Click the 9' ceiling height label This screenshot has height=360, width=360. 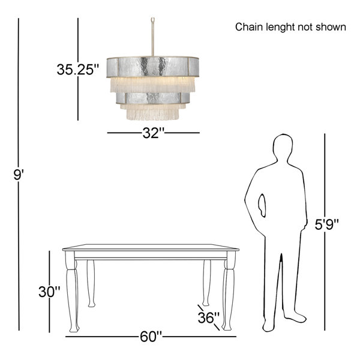click(x=19, y=175)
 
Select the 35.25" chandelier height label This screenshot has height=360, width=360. click(x=78, y=70)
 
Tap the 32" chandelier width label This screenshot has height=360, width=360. click(x=153, y=133)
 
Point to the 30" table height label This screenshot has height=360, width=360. click(x=49, y=292)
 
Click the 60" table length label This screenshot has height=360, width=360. click(x=151, y=337)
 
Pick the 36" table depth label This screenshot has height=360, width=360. click(x=208, y=318)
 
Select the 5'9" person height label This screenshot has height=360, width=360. click(x=326, y=224)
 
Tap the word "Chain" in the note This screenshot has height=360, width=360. click(x=249, y=27)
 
